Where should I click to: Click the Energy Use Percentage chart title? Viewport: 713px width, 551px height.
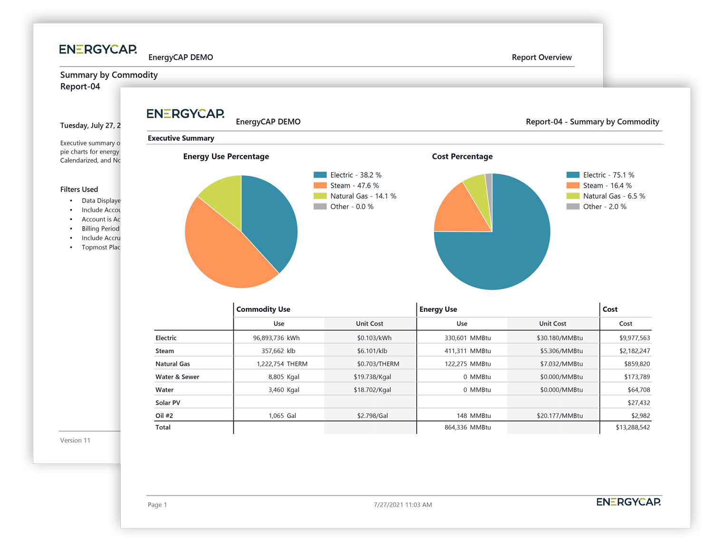coord(226,156)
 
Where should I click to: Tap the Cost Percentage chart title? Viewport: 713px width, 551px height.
coord(462,156)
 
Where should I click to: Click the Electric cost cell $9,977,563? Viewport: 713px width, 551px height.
coord(634,338)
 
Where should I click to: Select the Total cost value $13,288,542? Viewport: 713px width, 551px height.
coord(632,427)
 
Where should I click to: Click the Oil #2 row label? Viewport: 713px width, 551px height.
coord(164,416)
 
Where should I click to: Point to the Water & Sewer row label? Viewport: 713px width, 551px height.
coord(177,377)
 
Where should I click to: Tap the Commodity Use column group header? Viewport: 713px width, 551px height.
coord(263,309)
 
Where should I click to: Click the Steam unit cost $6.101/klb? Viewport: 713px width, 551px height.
coord(372,351)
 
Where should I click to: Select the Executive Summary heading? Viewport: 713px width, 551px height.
coord(181,138)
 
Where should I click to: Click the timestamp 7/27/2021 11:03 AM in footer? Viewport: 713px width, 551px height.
coord(403,505)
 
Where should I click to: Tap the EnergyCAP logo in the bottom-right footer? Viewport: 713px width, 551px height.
coord(628,502)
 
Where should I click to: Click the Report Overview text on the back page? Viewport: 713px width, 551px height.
coord(541,57)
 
